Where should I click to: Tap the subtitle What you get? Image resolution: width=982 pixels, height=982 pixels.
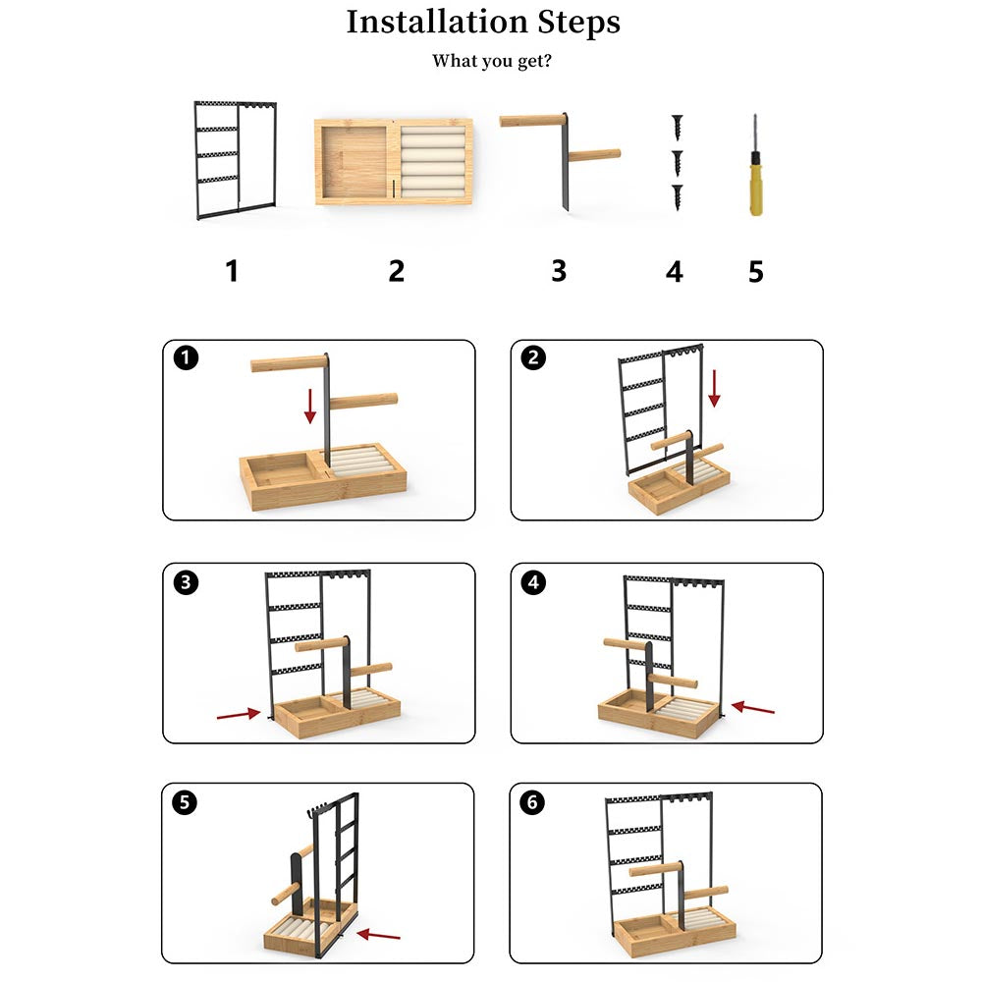coord(492,61)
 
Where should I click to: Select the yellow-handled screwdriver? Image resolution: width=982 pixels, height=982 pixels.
coord(756,165)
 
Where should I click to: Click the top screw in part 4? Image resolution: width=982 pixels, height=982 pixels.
coord(677,127)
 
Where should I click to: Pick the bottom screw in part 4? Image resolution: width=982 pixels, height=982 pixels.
coord(677,197)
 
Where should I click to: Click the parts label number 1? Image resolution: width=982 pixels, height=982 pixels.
coord(232,271)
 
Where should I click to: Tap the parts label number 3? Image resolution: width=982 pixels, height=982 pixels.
coord(559,271)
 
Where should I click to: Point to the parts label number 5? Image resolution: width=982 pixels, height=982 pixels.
coord(756,272)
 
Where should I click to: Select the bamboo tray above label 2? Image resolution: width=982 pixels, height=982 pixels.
coord(394,162)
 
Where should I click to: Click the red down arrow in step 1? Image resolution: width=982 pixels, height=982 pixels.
coord(310,406)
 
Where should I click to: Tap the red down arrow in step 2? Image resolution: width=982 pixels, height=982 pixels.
coord(714,388)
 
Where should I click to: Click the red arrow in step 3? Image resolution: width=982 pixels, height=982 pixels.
coord(239,714)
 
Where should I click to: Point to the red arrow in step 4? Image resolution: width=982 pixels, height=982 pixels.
coord(753,708)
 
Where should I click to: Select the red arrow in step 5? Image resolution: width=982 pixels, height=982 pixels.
coord(378,935)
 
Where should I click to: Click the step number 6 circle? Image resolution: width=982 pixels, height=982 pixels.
coord(532,802)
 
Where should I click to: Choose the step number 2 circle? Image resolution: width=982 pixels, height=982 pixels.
coord(533,357)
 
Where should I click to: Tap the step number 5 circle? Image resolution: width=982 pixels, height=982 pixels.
coord(185,802)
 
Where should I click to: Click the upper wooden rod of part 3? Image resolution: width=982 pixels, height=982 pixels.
coord(532,120)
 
